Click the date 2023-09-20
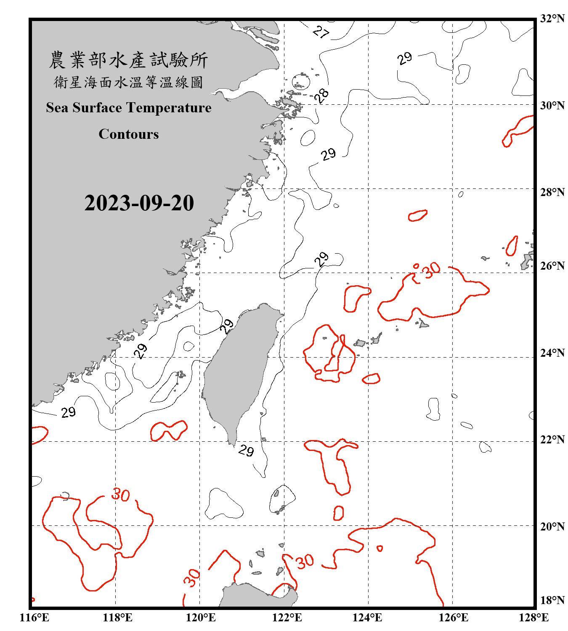[139, 203]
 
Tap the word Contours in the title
[129, 134]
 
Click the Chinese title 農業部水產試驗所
[128, 60]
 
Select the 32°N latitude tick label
[552, 19]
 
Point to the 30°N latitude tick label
[552, 106]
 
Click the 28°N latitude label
[552, 192]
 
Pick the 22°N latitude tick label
[552, 440]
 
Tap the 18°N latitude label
[552, 600]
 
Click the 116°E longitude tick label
[34, 618]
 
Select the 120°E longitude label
[201, 618]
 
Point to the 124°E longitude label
[367, 618]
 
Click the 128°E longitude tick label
[533, 618]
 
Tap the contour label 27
[321, 32]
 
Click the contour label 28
[322, 96]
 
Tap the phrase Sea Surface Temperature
[129, 108]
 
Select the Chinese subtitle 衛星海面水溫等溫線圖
[128, 82]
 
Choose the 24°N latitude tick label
[552, 353]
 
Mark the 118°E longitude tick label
[117, 618]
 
